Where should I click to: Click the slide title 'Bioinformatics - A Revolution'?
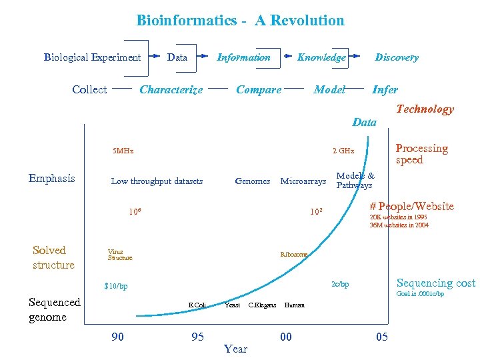[240, 20]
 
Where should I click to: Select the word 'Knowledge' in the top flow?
[321, 57]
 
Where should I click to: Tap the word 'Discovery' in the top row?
[397, 57]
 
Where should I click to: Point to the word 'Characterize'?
[171, 90]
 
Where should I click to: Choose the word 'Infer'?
[385, 90]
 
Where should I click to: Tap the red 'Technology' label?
[425, 109]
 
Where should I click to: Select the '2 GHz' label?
[343, 151]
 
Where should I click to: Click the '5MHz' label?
[123, 151]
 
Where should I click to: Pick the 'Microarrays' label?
[303, 181]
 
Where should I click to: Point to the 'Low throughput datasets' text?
[157, 181]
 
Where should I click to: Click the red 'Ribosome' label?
[294, 255]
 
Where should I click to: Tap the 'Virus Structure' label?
[120, 255]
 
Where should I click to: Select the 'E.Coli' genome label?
[197, 305]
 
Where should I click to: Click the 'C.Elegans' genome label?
[262, 305]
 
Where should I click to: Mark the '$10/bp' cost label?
[115, 287]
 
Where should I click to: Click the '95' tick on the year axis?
[197, 337]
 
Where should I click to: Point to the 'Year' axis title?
[235, 349]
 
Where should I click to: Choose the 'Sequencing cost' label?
[436, 283]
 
